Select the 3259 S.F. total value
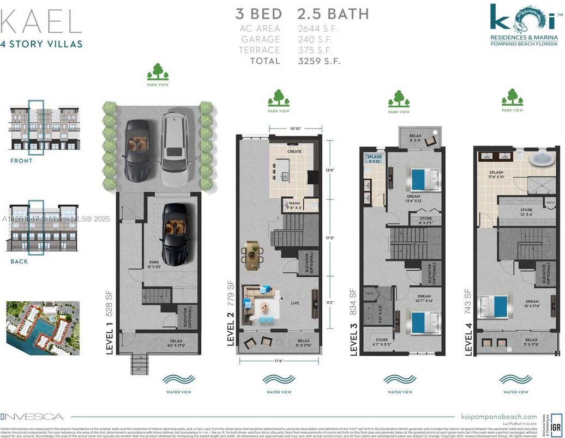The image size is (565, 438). coord(319,61)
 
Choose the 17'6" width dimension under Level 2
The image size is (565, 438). coord(279,360)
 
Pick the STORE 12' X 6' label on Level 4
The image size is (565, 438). coord(526,212)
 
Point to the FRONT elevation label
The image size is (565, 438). coord(21,161)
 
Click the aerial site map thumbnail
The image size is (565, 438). coord(43,328)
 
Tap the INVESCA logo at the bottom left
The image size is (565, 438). coord(32,417)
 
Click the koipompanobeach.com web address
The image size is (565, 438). coord(498,417)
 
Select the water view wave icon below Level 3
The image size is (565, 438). coord(399,379)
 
